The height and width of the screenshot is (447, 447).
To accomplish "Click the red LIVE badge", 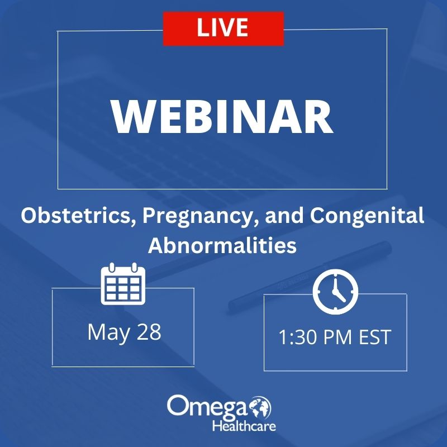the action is pos(223,28).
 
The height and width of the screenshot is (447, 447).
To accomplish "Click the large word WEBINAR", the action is pos(222,117).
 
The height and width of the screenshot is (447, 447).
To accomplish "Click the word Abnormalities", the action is pos(222,245).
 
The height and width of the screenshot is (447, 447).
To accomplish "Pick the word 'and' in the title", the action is pos(284,216).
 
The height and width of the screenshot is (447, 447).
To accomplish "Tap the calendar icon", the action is pos(123,284).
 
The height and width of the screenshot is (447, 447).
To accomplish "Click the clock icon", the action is pos(335,292).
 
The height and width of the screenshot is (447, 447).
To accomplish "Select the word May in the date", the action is pos(108,332).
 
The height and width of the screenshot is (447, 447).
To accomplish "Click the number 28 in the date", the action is pos(149,332).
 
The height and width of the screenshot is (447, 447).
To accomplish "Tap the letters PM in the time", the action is pos(339,337).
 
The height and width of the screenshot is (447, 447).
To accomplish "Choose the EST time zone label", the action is pos(374,337).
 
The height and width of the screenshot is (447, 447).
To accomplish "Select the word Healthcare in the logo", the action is pos(244,426).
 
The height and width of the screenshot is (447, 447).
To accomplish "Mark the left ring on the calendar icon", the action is pos(112,268).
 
